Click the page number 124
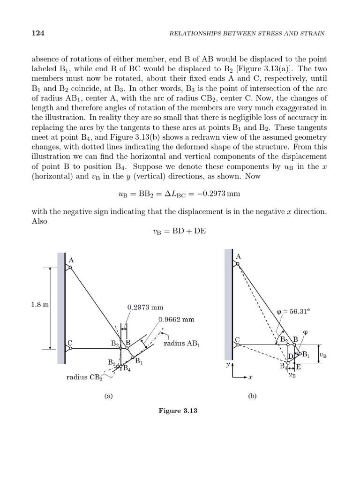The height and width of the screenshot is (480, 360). click(x=38, y=33)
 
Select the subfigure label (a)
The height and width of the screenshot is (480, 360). click(x=109, y=396)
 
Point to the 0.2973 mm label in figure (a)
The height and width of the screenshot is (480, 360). click(x=145, y=308)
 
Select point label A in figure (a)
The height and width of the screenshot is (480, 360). click(x=71, y=260)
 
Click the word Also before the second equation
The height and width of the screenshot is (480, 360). click(x=39, y=221)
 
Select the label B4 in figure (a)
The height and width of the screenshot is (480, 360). click(x=127, y=368)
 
